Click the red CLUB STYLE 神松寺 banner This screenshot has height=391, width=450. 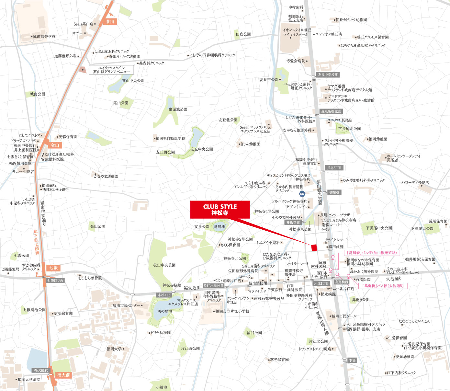(220, 209)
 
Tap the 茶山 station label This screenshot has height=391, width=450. (110, 22)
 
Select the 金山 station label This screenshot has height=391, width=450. (55, 145)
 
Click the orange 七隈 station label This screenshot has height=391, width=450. (53, 268)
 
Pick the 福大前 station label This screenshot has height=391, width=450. (63, 375)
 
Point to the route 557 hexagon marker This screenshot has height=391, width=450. (302, 194)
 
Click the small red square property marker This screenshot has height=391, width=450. (314, 247)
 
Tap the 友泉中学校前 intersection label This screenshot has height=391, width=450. (328, 75)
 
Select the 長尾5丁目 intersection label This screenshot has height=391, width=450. (334, 168)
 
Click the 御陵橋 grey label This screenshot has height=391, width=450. (334, 192)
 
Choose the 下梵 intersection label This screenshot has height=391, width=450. (352, 360)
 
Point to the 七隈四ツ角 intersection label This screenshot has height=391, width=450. (55, 281)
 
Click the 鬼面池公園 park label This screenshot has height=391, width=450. (178, 109)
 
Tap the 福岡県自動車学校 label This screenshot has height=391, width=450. (170, 138)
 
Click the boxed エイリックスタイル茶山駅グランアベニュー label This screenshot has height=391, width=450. (111, 70)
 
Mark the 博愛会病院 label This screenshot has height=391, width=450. (296, 61)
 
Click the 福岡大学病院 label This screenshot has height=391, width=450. (29, 379)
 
